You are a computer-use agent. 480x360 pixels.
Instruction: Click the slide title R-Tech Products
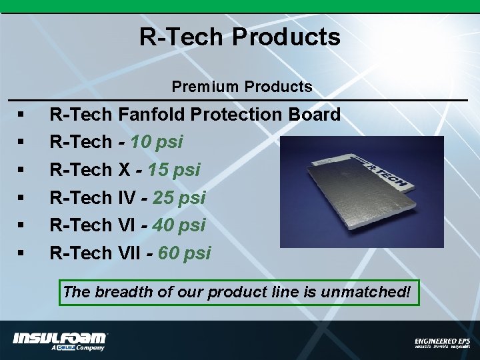pos(239,37)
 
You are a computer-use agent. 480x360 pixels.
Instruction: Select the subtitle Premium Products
pos(241,87)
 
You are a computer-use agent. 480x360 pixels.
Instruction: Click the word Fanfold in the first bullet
pos(152,115)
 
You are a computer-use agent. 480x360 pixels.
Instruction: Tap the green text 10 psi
pos(157,143)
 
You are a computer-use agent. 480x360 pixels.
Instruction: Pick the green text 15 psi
pos(174,170)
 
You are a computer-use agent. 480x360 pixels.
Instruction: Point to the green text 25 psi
pos(179,198)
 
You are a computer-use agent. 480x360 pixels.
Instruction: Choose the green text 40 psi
pos(179,225)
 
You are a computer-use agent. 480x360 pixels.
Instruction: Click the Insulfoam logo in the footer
pos(60,340)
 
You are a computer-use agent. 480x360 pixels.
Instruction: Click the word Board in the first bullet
pos(315,115)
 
